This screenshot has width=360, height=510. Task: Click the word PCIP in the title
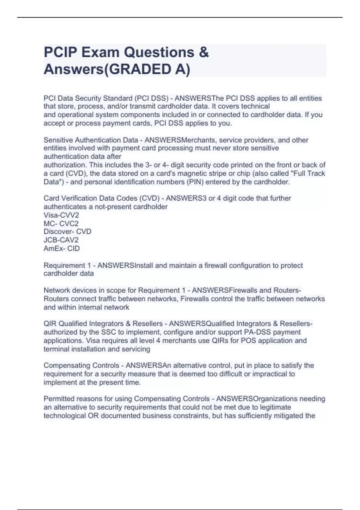pos(60,52)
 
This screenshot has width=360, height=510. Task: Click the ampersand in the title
pos(204,52)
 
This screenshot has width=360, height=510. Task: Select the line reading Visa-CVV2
pos(61,215)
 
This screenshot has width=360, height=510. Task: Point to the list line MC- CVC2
pos(61,223)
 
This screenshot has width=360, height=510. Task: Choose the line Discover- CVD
pos(67,232)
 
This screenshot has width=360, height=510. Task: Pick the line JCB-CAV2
pos(61,240)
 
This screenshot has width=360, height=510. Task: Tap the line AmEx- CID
pos(61,248)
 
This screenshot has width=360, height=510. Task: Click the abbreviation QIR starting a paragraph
pos(50,324)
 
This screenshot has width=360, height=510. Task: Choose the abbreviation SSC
pos(108,332)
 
